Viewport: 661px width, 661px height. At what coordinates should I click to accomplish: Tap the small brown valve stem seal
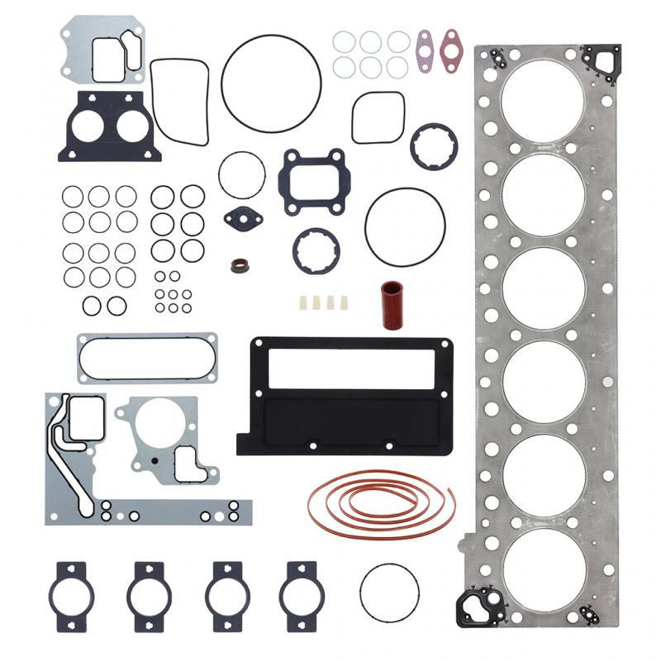point(239,266)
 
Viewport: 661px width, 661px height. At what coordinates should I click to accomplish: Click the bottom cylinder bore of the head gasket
point(543,570)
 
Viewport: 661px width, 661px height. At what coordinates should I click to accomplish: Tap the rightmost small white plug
point(343,302)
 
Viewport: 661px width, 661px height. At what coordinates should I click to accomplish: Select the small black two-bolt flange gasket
point(243,219)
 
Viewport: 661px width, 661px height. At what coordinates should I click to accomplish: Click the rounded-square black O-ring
point(378,117)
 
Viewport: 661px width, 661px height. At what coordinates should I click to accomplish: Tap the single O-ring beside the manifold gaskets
point(389,592)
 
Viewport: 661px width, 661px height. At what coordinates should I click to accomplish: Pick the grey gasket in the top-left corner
point(102,50)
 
